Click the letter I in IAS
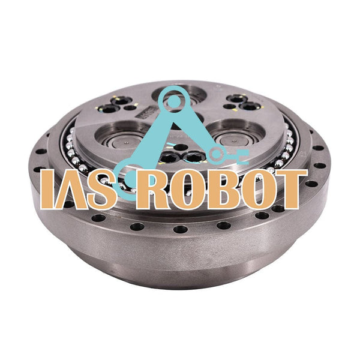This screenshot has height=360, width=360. coord(46,190)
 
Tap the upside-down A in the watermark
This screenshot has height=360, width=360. coord(71,190)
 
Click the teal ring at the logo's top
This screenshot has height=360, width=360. coord(175,100)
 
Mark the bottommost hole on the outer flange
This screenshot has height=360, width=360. coord(180,230)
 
